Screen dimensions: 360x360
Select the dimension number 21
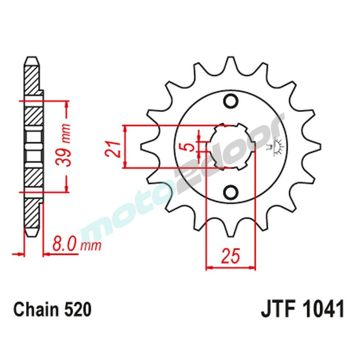113,148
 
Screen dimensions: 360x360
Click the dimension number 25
230,256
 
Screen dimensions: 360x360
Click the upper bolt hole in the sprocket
230,101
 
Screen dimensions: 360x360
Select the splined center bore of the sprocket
230,146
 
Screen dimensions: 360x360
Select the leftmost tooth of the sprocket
146,147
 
